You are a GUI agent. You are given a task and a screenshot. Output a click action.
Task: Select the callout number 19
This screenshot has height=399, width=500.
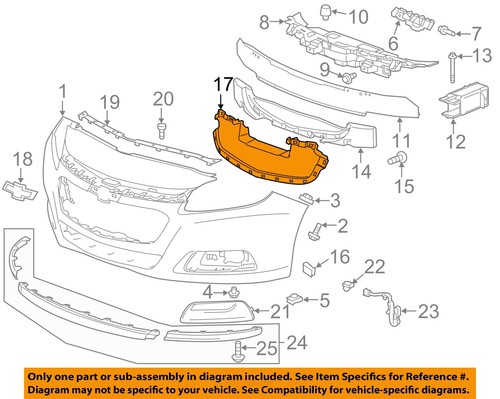pos(108,100)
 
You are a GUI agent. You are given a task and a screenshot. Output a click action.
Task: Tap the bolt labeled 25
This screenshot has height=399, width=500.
pos(238,351)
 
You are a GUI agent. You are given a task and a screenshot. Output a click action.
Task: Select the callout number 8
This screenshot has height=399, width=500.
pos(263,21)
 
